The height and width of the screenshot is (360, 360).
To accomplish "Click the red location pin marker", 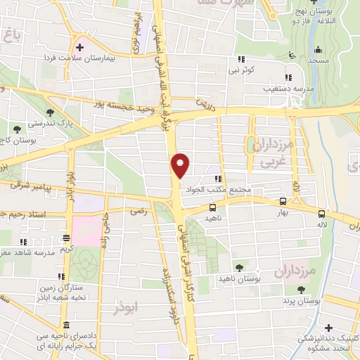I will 181,166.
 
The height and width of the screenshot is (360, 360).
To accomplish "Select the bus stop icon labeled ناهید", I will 213,207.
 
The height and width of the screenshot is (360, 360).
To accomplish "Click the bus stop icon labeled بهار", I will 283,200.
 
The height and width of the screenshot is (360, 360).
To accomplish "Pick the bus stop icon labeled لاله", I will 321,213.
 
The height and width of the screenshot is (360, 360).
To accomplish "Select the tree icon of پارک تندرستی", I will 50,112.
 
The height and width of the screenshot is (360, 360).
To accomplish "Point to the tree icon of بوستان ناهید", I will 239,267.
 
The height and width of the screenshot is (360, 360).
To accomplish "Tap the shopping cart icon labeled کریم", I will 65,238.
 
